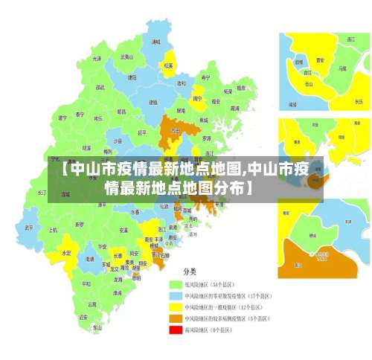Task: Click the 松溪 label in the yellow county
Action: pos(168,65)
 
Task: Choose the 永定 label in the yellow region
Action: pos(67,253)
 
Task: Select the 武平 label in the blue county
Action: pos(29,228)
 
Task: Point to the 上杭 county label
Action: pos(53,230)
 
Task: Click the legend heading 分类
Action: pos(190,271)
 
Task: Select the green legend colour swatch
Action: pos(176,284)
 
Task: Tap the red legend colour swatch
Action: pos(176,329)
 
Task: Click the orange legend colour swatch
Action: pos(176,318)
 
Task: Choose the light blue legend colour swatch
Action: pos(176,295)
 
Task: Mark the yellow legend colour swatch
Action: pos(176,306)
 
